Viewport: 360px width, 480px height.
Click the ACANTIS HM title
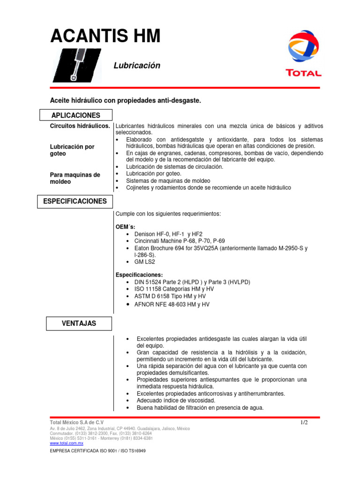[105, 36]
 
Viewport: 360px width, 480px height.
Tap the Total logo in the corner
[304, 53]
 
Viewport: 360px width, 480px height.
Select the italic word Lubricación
[137, 66]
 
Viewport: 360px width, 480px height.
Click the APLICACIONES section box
[75, 115]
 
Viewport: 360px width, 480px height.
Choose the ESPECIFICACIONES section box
[75, 202]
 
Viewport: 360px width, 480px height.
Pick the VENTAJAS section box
[79, 323]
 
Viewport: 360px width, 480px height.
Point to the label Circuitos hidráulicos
[80, 127]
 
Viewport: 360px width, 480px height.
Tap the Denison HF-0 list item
[168, 234]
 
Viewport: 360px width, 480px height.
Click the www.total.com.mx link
[66, 443]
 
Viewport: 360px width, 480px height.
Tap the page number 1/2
[304, 422]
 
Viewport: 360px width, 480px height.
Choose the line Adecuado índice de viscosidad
[176, 401]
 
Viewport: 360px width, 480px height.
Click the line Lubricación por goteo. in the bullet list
[154, 173]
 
